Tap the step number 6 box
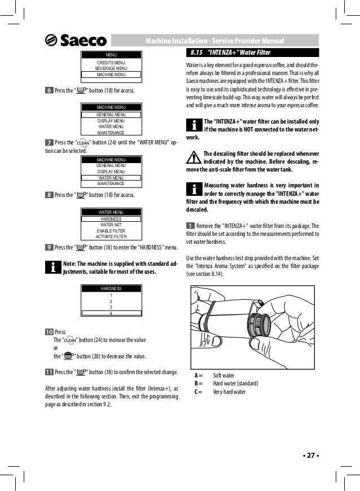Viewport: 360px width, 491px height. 49,90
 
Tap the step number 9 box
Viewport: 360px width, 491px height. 49,247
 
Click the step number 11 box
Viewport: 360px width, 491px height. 49,371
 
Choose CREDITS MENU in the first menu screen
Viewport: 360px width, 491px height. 111,62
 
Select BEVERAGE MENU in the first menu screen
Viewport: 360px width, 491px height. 111,68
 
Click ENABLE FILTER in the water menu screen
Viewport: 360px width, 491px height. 111,230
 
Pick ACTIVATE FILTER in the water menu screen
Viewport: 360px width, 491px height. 111,236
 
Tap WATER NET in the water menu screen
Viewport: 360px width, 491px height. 111,224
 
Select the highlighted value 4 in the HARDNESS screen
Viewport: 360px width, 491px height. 111,313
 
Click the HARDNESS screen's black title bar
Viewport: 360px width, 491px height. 111,288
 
